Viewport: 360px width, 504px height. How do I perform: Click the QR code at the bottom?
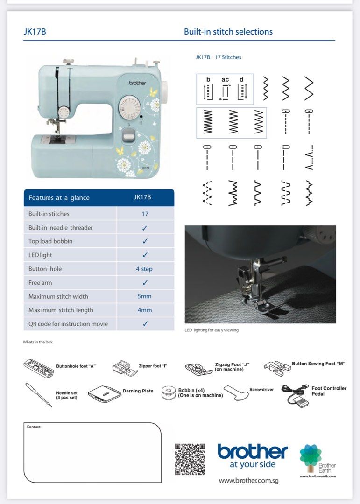(190, 459)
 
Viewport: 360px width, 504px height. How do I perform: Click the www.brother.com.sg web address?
(248, 480)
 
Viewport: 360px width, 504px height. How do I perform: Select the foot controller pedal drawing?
(295, 394)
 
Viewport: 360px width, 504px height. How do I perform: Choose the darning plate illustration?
(104, 393)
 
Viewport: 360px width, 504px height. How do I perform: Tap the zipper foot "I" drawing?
(124, 368)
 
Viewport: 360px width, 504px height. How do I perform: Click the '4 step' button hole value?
(144, 269)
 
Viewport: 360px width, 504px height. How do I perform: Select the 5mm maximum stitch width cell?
(144, 296)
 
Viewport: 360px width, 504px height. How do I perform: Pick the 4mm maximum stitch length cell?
(144, 310)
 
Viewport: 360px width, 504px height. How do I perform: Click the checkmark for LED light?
(145, 255)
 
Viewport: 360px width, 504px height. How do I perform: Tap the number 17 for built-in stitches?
(145, 214)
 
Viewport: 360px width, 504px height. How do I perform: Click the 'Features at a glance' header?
(59, 198)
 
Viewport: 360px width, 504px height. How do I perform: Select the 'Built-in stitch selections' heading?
(228, 32)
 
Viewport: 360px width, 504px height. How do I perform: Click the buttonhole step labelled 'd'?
(241, 89)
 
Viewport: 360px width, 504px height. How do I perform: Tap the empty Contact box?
(92, 453)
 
